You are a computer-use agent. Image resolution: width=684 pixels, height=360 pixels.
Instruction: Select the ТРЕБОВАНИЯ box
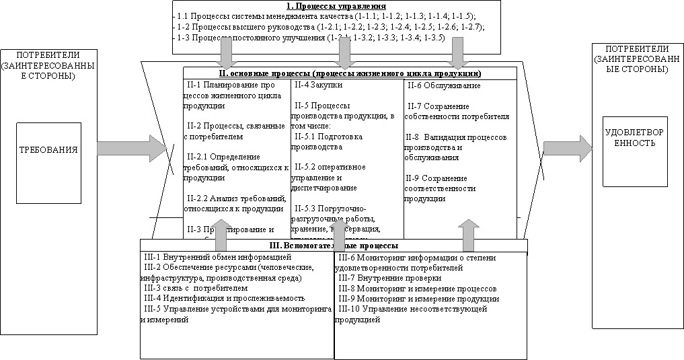[48, 162]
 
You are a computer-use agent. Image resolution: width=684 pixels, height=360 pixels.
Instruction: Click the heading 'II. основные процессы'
[349, 73]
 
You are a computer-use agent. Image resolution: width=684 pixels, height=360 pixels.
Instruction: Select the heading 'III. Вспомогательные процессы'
[333, 246]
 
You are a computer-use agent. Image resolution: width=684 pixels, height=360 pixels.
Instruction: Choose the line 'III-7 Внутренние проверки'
[389, 278]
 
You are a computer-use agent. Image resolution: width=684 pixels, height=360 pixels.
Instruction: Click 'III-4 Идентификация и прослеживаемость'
[224, 297]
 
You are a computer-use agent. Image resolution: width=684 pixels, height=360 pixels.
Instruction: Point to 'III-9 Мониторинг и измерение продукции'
[418, 298]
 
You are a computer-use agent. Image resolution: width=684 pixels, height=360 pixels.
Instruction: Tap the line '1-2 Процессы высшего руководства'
[330, 26]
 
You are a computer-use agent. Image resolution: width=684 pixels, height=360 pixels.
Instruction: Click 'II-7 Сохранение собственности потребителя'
[457, 111]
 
